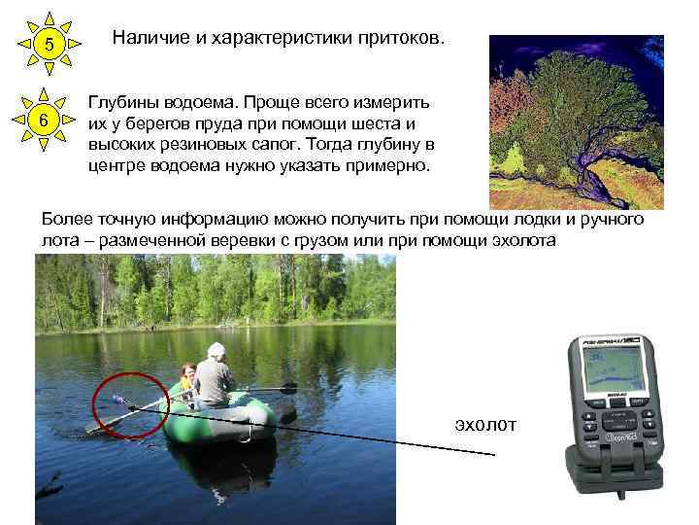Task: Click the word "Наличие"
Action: tap(147, 39)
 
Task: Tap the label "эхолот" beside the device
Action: tap(486, 424)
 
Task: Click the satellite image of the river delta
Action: tap(576, 121)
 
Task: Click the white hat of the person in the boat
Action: tap(216, 350)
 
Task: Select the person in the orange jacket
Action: tap(186, 378)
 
